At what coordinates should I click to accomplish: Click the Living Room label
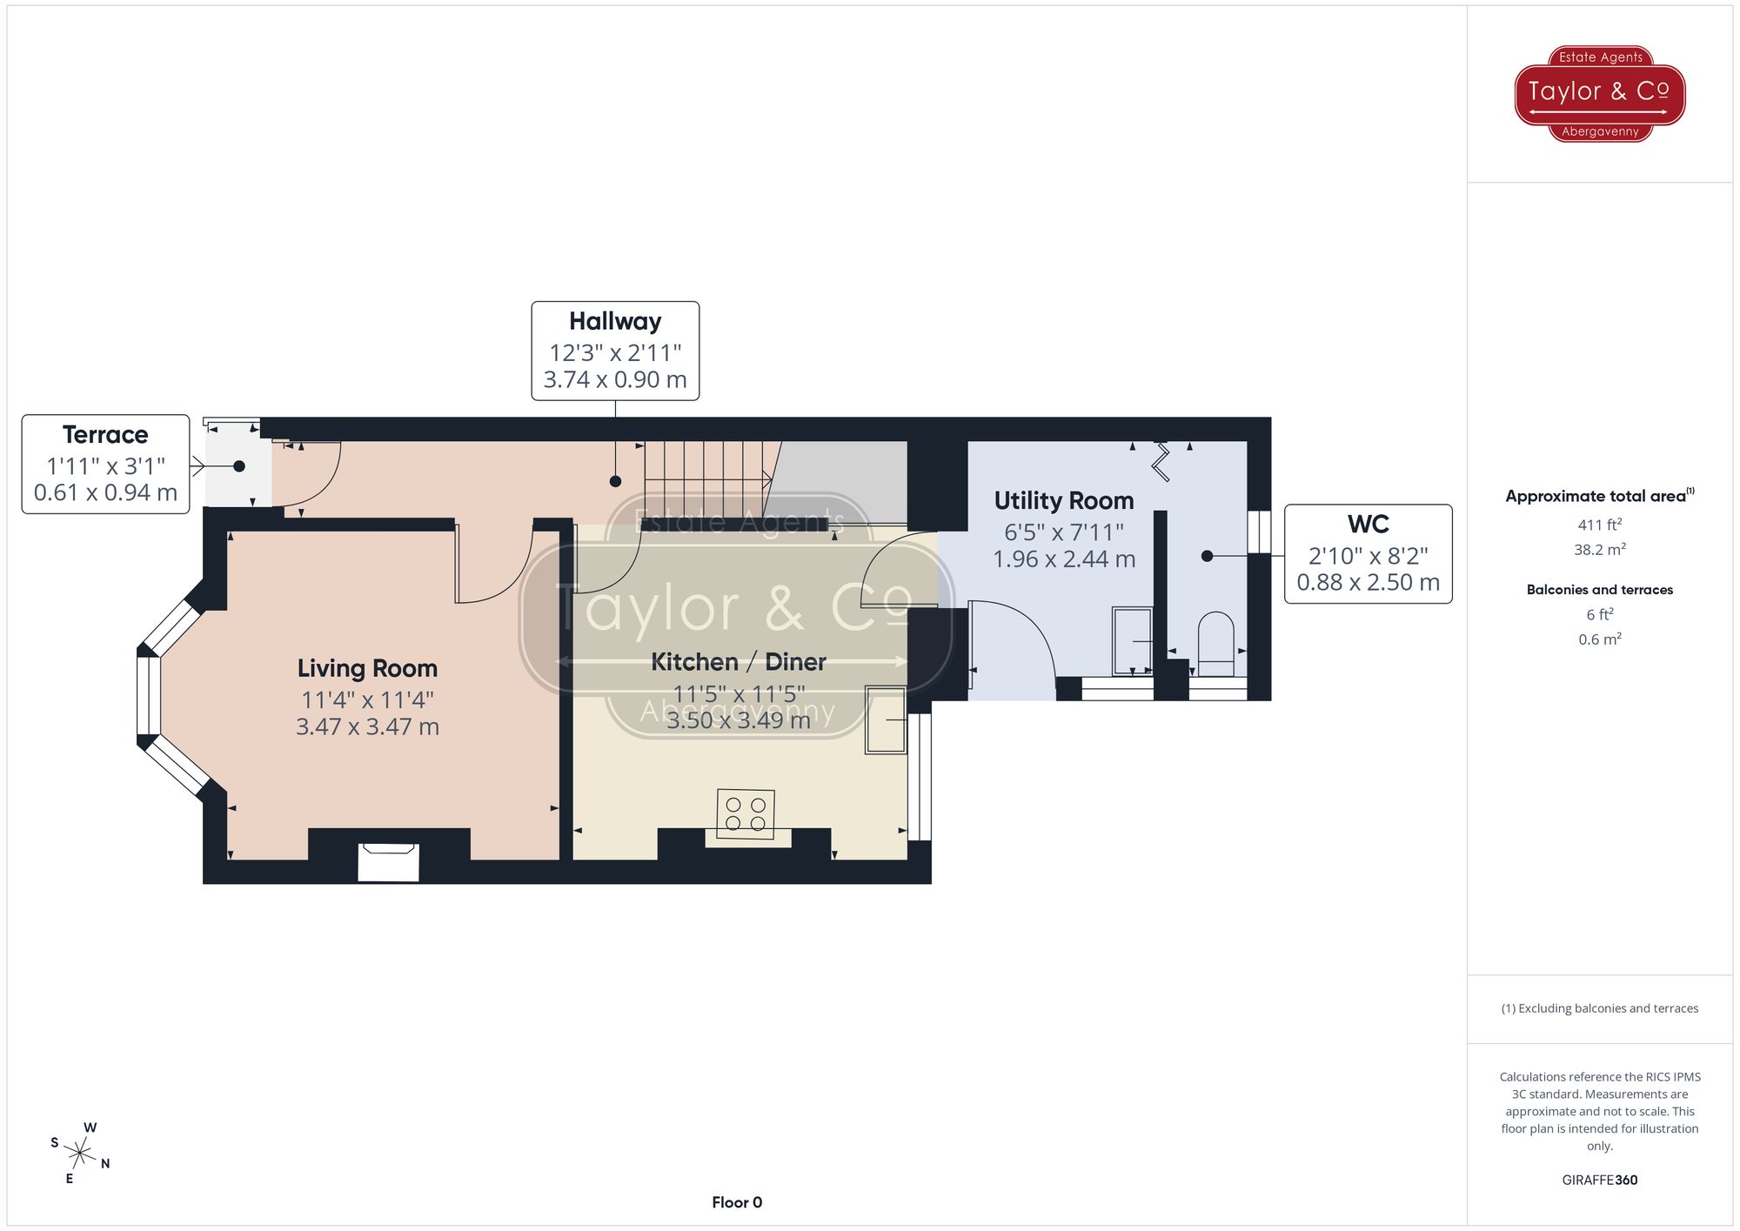[x=367, y=668]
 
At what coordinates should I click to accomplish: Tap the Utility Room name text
[x=1063, y=500]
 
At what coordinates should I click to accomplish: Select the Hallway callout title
[x=615, y=321]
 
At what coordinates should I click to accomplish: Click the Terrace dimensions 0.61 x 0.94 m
[x=105, y=492]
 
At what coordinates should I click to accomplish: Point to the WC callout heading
[x=1368, y=524]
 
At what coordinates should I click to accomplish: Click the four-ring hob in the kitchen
[x=746, y=813]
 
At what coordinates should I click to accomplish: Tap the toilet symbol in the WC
[x=1215, y=643]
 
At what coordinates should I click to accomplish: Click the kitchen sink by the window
[x=886, y=719]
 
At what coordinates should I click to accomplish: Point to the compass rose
[x=80, y=1154]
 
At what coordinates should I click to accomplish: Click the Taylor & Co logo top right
[x=1599, y=93]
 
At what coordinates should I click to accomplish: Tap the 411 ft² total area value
[x=1599, y=525]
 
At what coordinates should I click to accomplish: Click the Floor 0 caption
[x=736, y=1202]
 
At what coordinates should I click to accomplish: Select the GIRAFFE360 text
[x=1599, y=1180]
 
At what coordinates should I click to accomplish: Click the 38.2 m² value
[x=1599, y=550]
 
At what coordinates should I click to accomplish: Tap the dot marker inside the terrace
[x=239, y=466]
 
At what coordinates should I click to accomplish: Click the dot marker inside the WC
[x=1207, y=556]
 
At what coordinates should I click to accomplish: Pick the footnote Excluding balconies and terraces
[x=1599, y=1008]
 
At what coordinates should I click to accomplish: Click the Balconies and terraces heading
[x=1599, y=590]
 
